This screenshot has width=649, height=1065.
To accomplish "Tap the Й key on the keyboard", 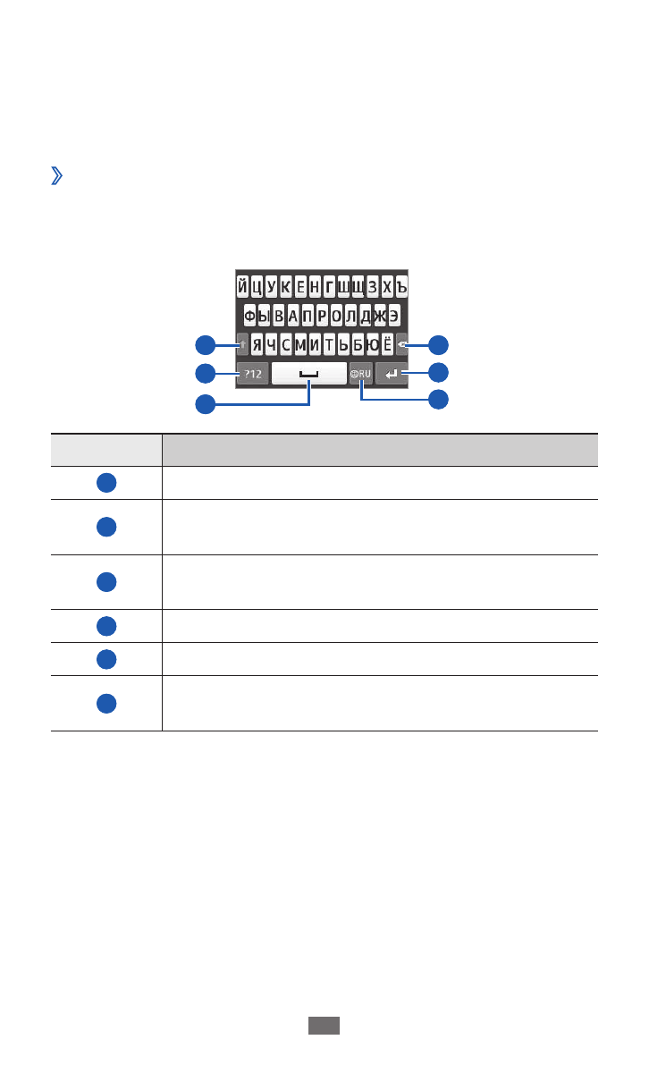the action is [x=242, y=286].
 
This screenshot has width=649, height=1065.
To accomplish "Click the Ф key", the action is [x=249, y=316].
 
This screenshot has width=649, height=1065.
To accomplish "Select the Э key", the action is [x=393, y=316].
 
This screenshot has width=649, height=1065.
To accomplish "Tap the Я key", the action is [x=257, y=344].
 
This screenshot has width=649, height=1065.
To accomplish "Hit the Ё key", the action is [x=386, y=344].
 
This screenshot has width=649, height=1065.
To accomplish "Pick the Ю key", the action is [x=372, y=344].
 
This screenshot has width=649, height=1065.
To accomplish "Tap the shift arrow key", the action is [x=242, y=344].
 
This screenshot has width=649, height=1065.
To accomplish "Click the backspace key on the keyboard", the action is [x=401, y=344].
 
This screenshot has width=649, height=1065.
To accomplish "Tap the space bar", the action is [x=309, y=373].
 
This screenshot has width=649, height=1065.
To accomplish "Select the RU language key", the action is [x=361, y=373].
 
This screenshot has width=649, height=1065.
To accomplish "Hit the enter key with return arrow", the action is [x=392, y=373].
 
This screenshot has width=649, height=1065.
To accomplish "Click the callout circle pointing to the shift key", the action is [x=205, y=344].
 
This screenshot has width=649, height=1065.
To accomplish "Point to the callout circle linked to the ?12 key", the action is [x=205, y=373].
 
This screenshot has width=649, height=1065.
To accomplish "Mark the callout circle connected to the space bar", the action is [x=205, y=403].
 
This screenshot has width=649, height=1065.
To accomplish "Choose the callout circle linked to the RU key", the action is [x=438, y=399].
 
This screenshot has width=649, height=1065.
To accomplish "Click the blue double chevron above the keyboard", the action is [x=56, y=175].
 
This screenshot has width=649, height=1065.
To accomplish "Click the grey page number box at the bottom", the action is [x=324, y=1025].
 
